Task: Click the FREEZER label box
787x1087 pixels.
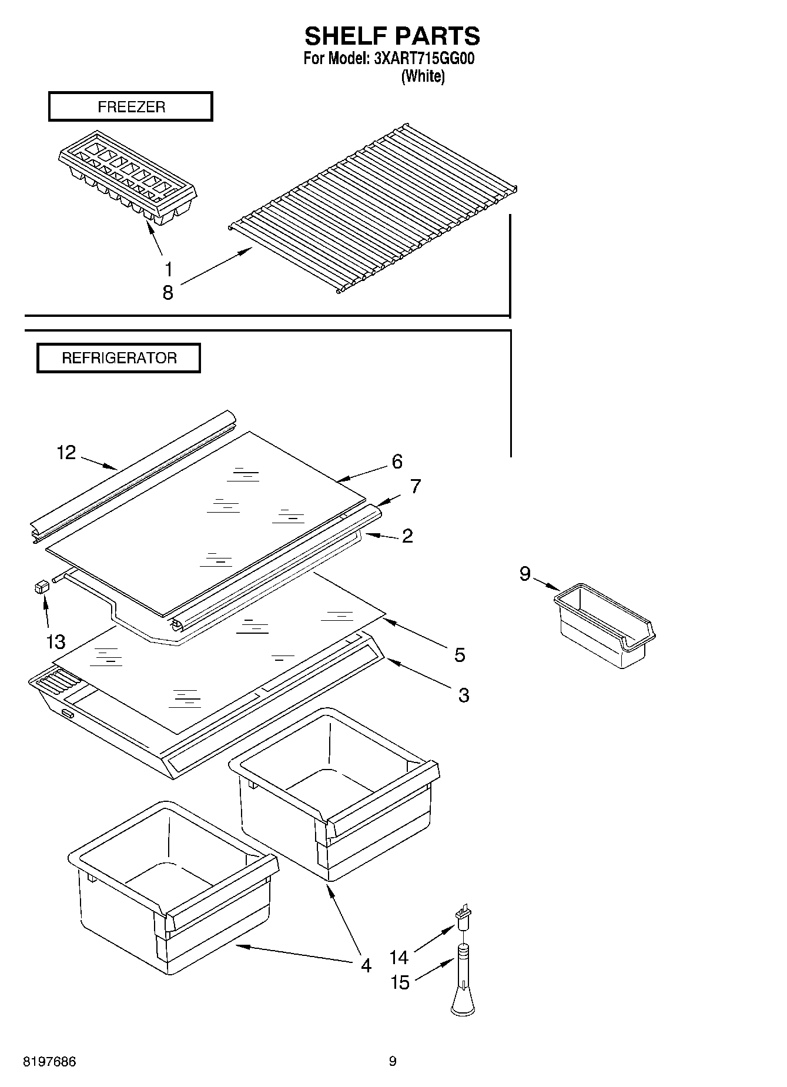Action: tap(130, 107)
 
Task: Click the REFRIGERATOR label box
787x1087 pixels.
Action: tap(119, 358)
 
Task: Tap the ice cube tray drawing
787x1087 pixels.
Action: tap(127, 175)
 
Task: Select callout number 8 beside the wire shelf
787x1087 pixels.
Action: tap(168, 292)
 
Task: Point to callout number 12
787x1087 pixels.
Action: tap(66, 453)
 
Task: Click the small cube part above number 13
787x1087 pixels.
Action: tap(41, 586)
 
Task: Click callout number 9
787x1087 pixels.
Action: tap(525, 573)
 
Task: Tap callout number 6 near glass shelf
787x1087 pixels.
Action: tap(397, 461)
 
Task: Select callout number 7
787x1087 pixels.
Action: tap(416, 487)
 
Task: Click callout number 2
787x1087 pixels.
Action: tap(407, 536)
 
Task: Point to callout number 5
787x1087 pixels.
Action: tap(460, 654)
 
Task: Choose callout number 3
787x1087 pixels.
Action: tap(464, 695)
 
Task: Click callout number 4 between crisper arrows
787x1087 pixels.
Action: tap(366, 965)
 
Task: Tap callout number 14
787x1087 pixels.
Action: tap(398, 958)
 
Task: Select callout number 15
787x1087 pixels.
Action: tap(400, 982)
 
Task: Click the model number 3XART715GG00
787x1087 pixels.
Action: tap(424, 59)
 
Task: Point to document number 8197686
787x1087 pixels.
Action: tap(49, 1062)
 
